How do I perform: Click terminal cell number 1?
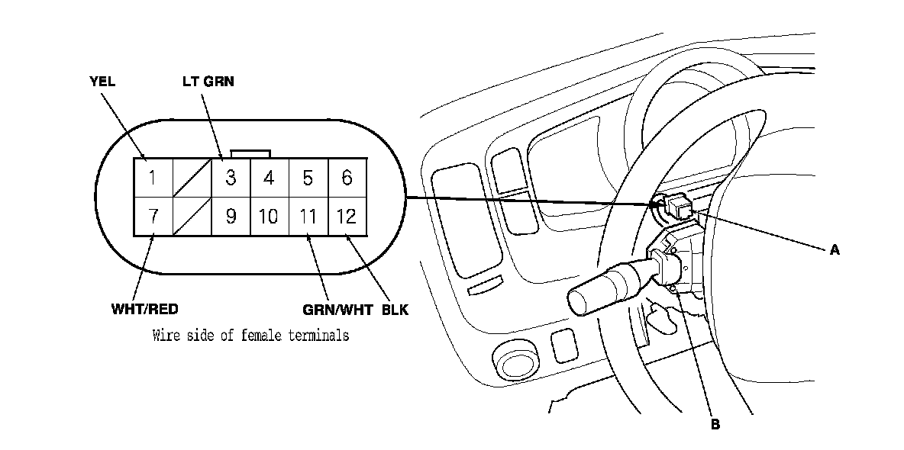[x=153, y=178]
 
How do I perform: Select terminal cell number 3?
[x=231, y=178]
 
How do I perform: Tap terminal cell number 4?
[x=269, y=178]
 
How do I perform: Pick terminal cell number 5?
[x=308, y=178]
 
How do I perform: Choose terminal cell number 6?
[x=347, y=178]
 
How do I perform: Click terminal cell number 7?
[x=153, y=217]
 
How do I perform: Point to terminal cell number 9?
[x=231, y=217]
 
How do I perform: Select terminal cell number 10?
[x=269, y=217]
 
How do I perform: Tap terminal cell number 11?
[x=308, y=217]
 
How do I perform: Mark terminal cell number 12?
[x=347, y=217]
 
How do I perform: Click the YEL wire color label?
[x=102, y=82]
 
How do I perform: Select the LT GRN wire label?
[x=208, y=82]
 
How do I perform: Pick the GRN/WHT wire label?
[x=332, y=310]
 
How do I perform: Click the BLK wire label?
[x=395, y=310]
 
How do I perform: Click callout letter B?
[x=715, y=425]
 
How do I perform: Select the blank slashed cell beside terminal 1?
[x=192, y=178]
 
